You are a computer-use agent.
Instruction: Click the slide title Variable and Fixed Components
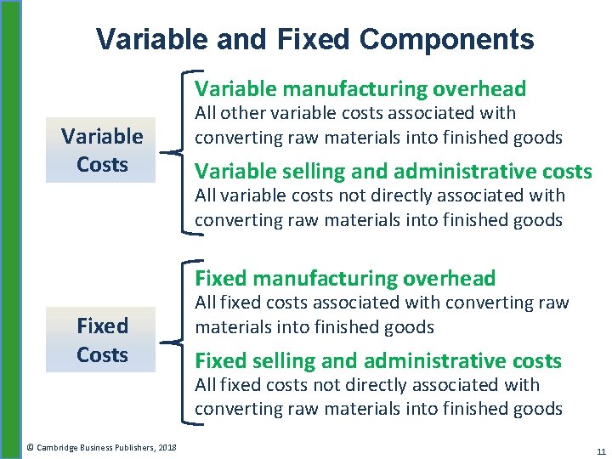tap(314, 39)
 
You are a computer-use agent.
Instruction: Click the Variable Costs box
tap(101, 150)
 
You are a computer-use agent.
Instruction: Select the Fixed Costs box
tap(101, 340)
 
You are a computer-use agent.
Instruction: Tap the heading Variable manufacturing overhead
tap(360, 88)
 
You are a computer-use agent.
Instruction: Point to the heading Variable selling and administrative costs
tap(393, 172)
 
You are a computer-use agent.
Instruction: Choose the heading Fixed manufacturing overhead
tap(345, 278)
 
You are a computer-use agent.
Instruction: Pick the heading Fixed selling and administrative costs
tap(378, 361)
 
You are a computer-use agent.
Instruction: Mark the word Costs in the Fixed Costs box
tap(102, 354)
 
